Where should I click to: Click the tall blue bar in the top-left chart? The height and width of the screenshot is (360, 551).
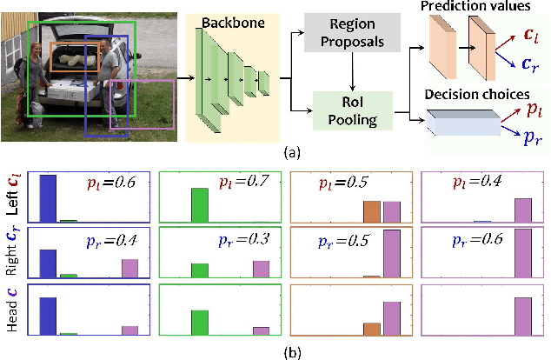48,198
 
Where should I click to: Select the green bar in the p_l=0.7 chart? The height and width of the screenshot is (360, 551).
200,205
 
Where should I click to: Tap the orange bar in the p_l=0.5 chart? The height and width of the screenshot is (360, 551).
373,212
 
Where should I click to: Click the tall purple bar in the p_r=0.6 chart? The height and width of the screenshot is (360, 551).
522,253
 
